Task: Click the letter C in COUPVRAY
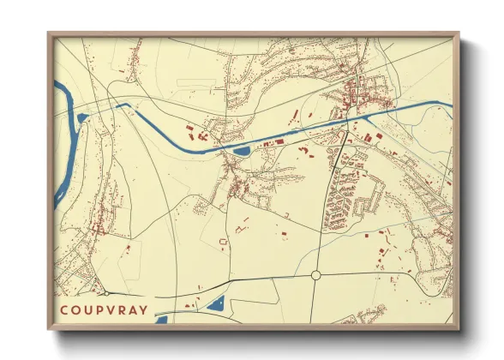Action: pos(63,311)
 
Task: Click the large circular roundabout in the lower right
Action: pos(315,275)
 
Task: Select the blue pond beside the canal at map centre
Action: pos(241,152)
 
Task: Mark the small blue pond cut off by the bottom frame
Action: pos(161,320)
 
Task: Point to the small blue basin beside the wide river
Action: pos(82,117)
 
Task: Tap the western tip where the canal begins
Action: pos(57,83)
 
